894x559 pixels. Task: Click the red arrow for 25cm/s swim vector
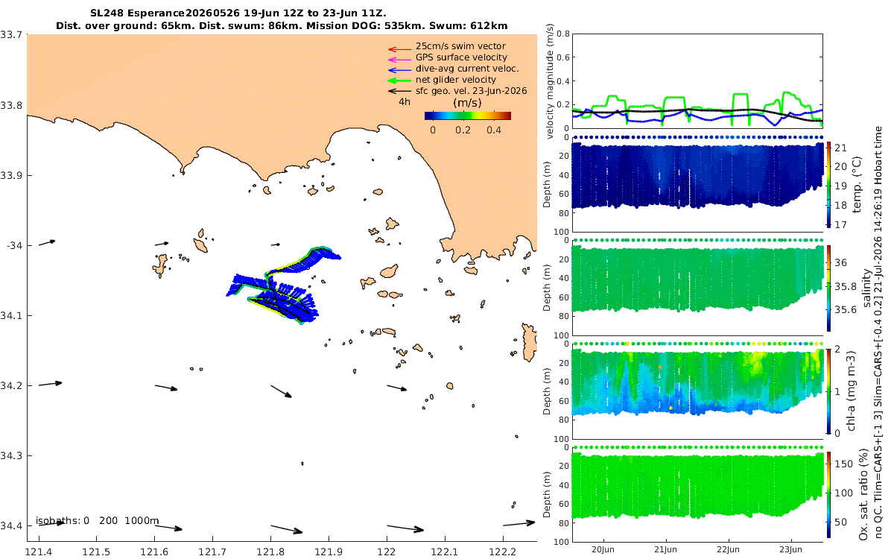click(x=399, y=49)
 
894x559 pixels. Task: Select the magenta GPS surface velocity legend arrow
click(x=399, y=60)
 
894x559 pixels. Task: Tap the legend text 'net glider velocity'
click(x=456, y=80)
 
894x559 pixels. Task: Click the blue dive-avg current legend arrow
click(x=399, y=70)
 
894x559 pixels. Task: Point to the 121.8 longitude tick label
click(x=270, y=552)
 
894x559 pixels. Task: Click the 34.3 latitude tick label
click(x=11, y=455)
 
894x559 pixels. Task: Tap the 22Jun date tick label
click(x=729, y=549)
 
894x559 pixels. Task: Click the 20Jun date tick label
click(x=603, y=549)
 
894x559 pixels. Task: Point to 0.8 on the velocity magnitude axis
click(x=563, y=34)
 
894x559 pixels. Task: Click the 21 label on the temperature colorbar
click(x=840, y=148)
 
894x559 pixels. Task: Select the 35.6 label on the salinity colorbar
click(x=846, y=310)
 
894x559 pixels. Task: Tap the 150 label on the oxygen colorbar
click(x=843, y=464)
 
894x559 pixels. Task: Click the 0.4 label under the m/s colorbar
click(x=494, y=130)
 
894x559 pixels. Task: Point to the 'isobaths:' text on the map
click(x=58, y=521)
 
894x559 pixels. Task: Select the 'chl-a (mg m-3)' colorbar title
click(x=851, y=391)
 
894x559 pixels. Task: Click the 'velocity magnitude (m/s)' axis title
click(x=551, y=81)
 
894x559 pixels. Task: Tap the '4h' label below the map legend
click(x=405, y=102)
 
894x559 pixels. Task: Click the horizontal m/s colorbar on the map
click(x=468, y=116)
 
